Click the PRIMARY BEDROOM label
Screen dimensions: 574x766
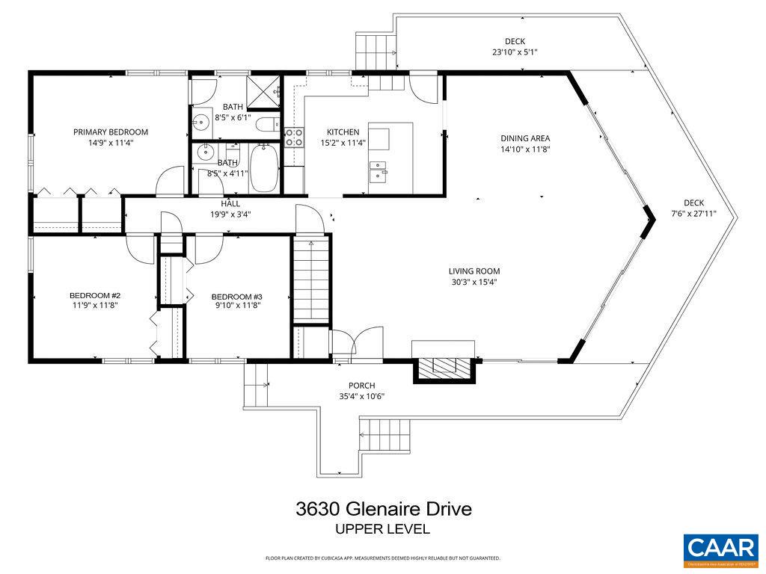(111, 132)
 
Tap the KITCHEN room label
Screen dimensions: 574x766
(343, 132)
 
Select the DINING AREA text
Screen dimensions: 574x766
(525, 138)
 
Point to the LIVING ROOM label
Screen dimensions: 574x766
(474, 271)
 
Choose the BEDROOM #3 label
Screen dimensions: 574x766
(236, 295)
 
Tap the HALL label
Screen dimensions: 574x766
(230, 203)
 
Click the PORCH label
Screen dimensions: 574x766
(361, 386)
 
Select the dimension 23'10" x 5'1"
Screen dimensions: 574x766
(515, 52)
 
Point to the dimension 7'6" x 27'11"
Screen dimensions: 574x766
(693, 213)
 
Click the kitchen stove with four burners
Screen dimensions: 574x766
(294, 137)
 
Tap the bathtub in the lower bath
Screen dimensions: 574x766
(264, 168)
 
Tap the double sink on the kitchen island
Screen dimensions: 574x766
(379, 173)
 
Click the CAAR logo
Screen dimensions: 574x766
(721, 547)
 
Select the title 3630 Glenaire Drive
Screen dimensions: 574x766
(383, 510)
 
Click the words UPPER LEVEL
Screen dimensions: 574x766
(383, 529)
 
